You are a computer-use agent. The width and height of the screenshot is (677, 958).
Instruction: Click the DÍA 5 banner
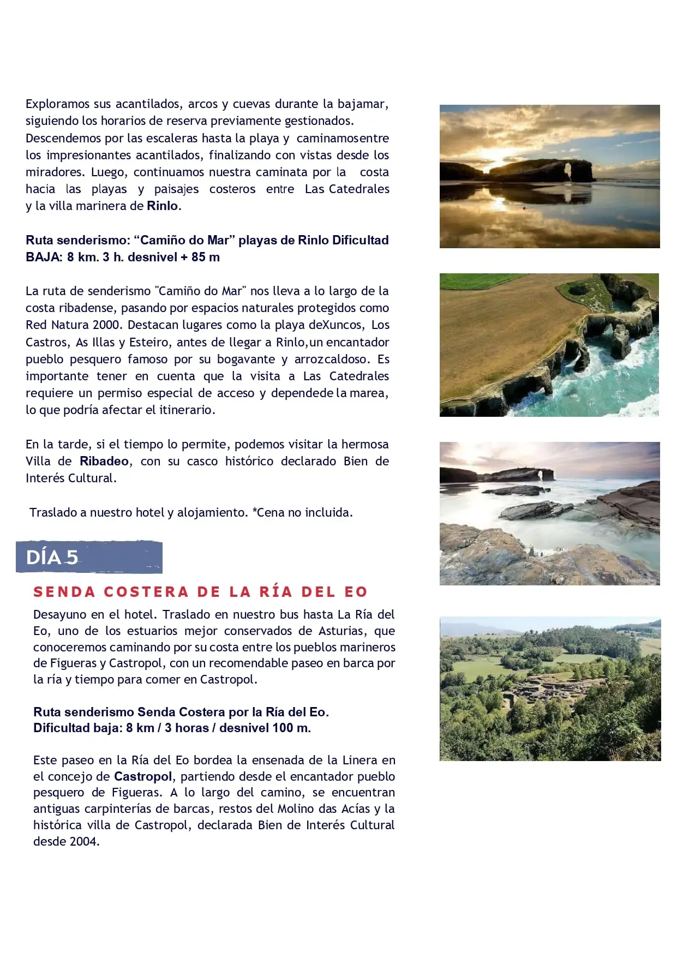pos(89,557)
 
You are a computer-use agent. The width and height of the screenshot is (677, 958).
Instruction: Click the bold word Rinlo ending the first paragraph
pos(163,206)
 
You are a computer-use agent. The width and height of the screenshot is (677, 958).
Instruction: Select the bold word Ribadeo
pos(104,462)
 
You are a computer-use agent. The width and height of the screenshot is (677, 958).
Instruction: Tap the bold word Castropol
pos(143,776)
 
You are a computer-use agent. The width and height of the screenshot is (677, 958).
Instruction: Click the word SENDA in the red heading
pos(64,592)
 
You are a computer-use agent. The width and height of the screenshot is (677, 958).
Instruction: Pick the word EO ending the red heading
pos(356,592)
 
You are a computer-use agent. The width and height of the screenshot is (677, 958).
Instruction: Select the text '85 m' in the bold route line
pos(206,258)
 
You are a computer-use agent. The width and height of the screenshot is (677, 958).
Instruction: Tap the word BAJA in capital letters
pos(43,258)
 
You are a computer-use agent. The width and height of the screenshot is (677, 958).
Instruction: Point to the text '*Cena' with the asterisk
pos(268,513)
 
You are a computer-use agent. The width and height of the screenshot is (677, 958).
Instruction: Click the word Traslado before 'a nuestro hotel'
pos(53,513)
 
